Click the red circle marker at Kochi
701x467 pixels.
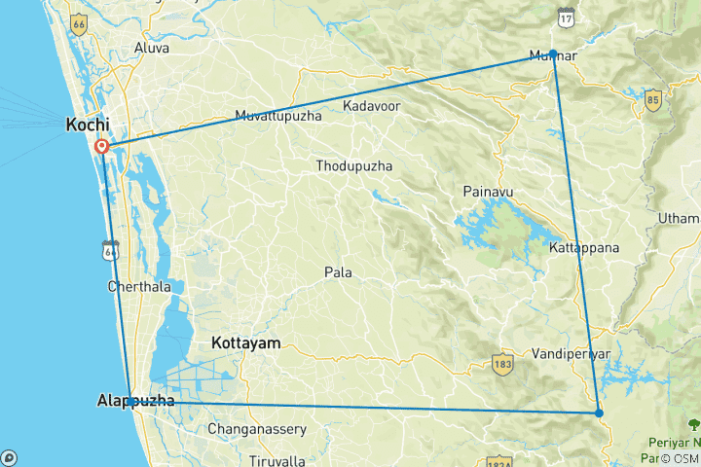click(x=102, y=147)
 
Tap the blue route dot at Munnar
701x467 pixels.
click(x=553, y=54)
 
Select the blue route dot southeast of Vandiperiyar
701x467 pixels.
click(x=599, y=413)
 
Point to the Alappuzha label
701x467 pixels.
click(x=136, y=401)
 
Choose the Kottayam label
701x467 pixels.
click(x=245, y=343)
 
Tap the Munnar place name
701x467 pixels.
click(x=552, y=55)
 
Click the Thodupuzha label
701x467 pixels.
click(x=354, y=166)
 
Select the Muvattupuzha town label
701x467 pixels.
click(x=278, y=117)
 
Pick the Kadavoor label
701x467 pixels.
click(x=372, y=104)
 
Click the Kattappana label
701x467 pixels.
click(x=584, y=248)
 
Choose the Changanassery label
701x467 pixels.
click(x=257, y=429)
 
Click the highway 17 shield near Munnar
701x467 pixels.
click(x=566, y=16)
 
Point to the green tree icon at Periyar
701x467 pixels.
click(x=693, y=424)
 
